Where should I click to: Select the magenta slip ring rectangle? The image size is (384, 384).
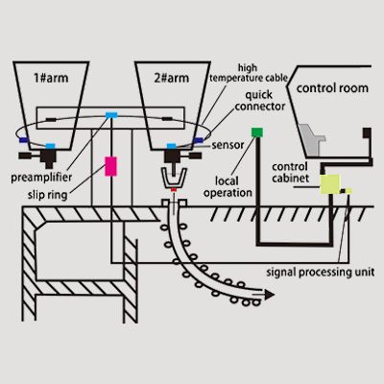click(x=110, y=165)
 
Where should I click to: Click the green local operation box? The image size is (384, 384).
click(x=256, y=132)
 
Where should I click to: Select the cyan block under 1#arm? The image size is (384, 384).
click(x=50, y=147)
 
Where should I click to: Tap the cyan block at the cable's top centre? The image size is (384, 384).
click(x=111, y=114)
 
